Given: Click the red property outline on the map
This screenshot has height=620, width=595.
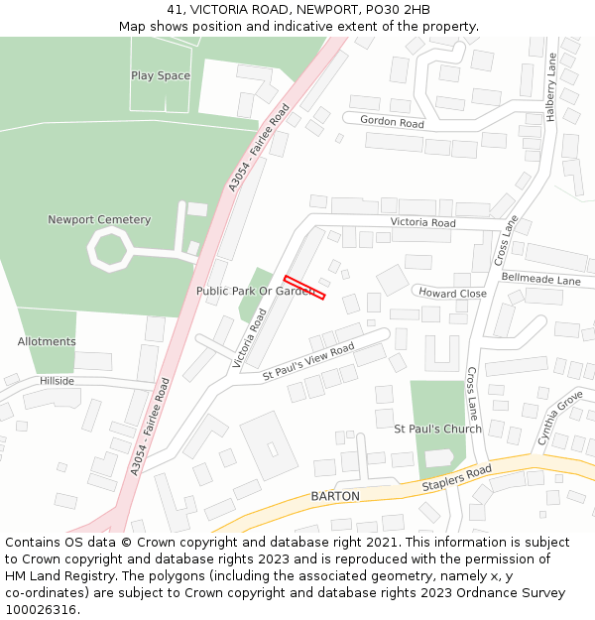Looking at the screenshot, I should pos(304,287).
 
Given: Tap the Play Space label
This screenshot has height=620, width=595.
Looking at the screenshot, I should pos(161,76).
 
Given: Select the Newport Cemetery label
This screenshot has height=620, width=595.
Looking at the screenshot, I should pos(99,220).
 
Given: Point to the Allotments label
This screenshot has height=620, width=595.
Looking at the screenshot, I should pos(47,342).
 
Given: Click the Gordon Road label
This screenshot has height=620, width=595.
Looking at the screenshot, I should pos(392,123).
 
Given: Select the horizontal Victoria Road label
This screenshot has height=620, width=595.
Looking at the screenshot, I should pos(422,223).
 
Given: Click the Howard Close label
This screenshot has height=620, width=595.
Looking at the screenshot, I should pos(452,294).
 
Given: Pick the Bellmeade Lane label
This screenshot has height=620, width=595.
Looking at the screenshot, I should pos(540,281).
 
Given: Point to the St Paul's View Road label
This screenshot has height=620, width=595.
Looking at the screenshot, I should pos(308,363).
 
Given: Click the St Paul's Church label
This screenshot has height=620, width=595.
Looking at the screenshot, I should pos(437,430).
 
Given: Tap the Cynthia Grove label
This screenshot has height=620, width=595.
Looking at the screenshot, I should pos(559,418).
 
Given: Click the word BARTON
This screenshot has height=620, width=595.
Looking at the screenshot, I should pos(334,496).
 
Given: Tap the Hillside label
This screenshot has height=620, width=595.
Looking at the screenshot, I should pos(57,381).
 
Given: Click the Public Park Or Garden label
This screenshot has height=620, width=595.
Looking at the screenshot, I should pos(255,292).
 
